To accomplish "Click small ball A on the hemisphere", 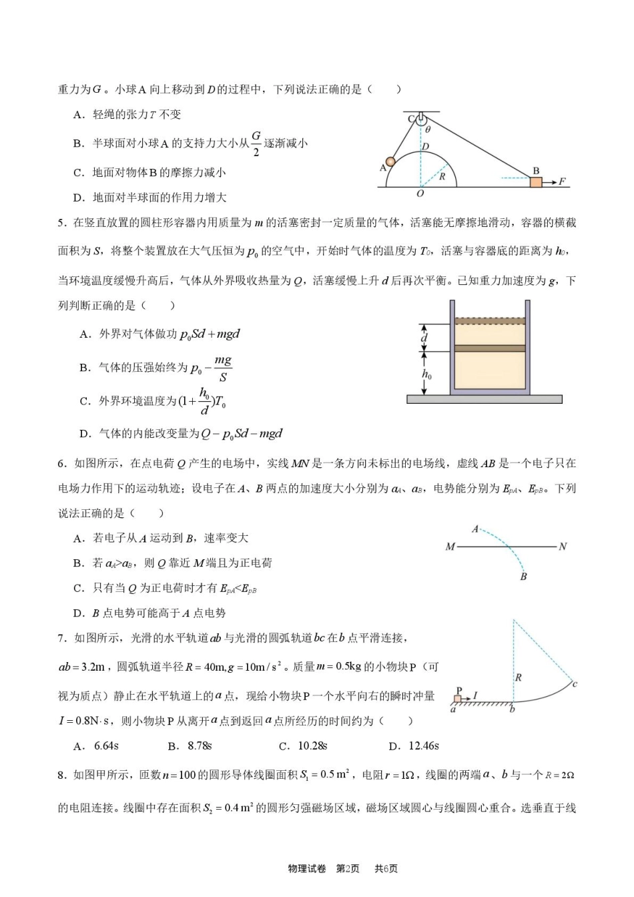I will click(390, 162).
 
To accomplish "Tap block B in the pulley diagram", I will click(536, 182).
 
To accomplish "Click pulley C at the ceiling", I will click(420, 120).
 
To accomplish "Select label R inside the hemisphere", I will click(442, 177).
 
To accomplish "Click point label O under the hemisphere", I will click(420, 194).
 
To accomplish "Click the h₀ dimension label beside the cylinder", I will click(426, 374).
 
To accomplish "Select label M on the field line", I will click(450, 547).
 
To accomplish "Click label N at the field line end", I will click(563, 547).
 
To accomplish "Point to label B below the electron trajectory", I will click(523, 576).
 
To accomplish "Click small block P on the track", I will click(458, 699).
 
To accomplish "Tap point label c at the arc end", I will click(575, 683).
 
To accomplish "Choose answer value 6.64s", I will click(106, 745).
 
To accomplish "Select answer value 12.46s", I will click(423, 745).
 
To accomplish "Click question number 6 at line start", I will click(61, 463).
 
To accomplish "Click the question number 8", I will click(61, 775).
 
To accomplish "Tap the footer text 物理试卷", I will click(307, 868).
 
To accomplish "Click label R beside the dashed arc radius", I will click(518, 677).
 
